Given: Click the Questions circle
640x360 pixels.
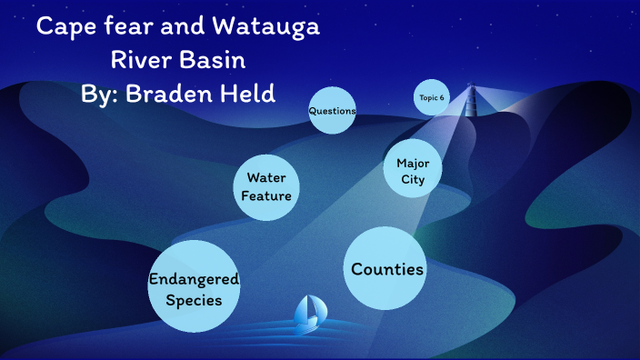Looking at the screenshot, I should coord(332,111).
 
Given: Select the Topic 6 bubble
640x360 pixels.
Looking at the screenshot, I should coord(432,97).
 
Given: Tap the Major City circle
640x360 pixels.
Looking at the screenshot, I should coord(413,169).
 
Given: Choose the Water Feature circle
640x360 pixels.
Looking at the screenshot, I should coord(266,186).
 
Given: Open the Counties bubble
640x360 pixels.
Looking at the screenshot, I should coord(386,269).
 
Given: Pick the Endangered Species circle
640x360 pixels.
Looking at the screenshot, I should coord(194,288).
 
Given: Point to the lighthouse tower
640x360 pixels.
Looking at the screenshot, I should coord(470,99).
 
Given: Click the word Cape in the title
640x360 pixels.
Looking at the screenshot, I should coord(66,27).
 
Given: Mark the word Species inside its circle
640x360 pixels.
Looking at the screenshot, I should coord(194,299).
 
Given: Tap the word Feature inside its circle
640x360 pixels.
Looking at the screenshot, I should coord(265,195).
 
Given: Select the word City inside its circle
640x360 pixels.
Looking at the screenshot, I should coord(413,179).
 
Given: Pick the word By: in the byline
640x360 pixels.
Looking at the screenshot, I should coord(101,94).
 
